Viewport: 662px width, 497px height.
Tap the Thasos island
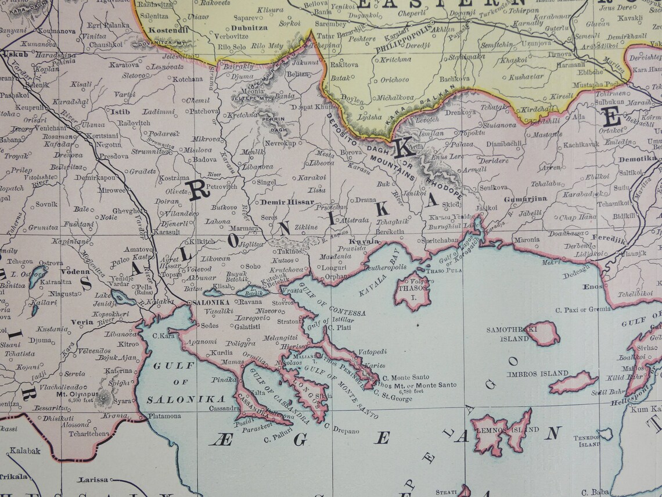[x=413, y=294]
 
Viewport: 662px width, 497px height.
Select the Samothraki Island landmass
[x=542, y=334]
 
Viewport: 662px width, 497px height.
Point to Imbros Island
[x=574, y=382]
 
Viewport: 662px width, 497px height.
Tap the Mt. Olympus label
[x=77, y=393]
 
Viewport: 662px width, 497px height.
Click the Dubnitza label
[x=249, y=27]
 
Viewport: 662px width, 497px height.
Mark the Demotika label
[x=636, y=158]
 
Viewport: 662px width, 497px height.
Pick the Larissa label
[x=94, y=480]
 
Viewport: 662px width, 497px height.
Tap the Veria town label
[x=82, y=321]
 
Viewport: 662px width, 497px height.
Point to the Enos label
[x=592, y=287]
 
